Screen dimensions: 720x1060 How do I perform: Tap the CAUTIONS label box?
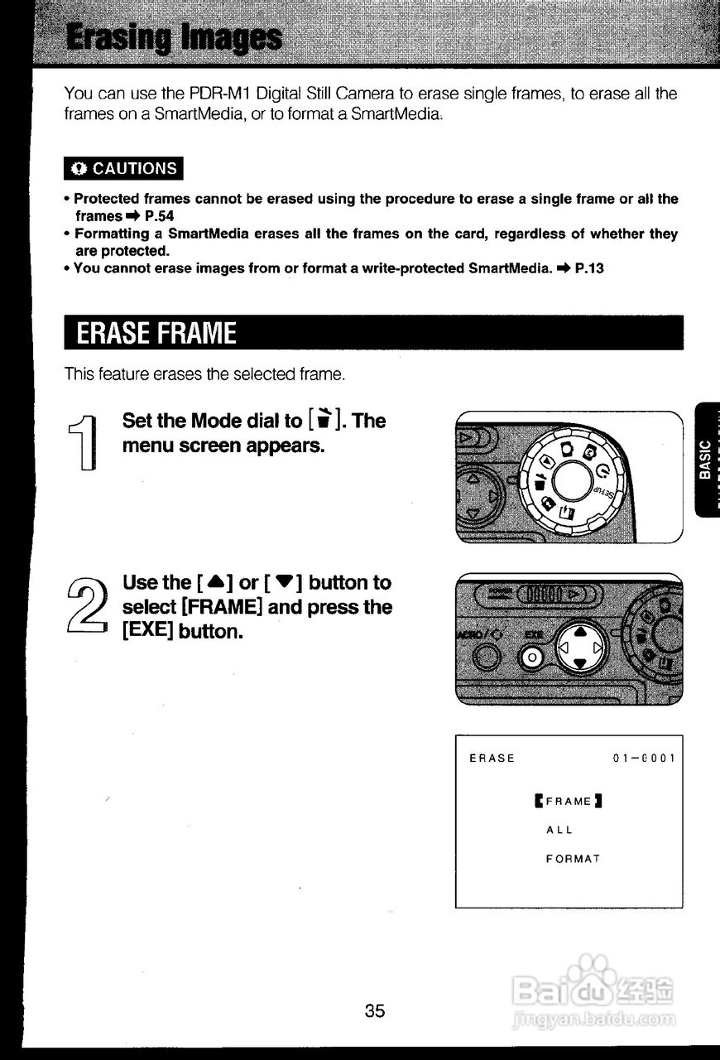coord(124,169)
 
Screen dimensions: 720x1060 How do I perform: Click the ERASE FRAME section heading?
coord(157,334)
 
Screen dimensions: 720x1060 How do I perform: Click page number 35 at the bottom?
coord(375,1010)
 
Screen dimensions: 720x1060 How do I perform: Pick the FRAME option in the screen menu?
coord(569,801)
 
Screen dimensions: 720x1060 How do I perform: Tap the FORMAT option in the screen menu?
coord(573,859)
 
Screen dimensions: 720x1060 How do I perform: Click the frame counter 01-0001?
coord(644,758)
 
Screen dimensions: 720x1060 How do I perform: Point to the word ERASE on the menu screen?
coord(492,758)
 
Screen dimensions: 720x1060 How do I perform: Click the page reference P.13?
coord(588,268)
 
